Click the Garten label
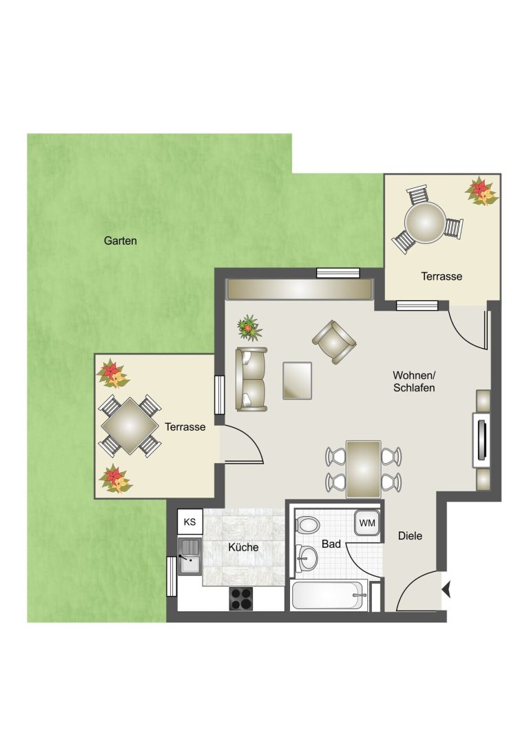pyautogui.click(x=121, y=240)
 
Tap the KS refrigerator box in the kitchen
pyautogui.click(x=190, y=522)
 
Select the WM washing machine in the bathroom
pyautogui.click(x=367, y=523)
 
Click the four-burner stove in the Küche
pyautogui.click(x=242, y=599)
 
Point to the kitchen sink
pyautogui.click(x=190, y=556)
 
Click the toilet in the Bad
pyautogui.click(x=307, y=525)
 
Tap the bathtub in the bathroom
pyautogui.click(x=329, y=595)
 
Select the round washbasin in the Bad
pyautogui.click(x=307, y=558)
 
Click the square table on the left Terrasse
pyautogui.click(x=129, y=426)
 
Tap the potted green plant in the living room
pyautogui.click(x=250, y=328)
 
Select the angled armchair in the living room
pyautogui.click(x=334, y=342)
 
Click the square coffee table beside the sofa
pyautogui.click(x=298, y=380)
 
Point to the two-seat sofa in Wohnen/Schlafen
pyautogui.click(x=251, y=379)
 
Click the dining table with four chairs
pyautogui.click(x=363, y=469)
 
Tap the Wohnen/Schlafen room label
pyautogui.click(x=414, y=381)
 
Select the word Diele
pyautogui.click(x=410, y=536)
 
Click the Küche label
pyautogui.click(x=244, y=547)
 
